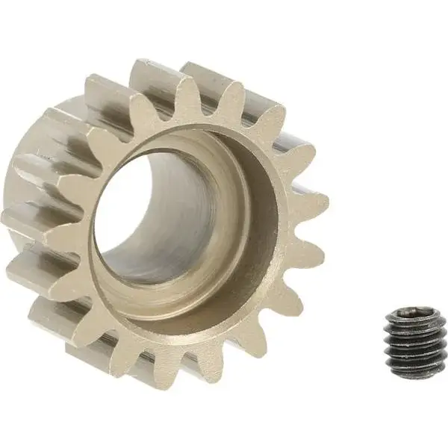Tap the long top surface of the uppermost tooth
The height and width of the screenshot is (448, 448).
153,75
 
